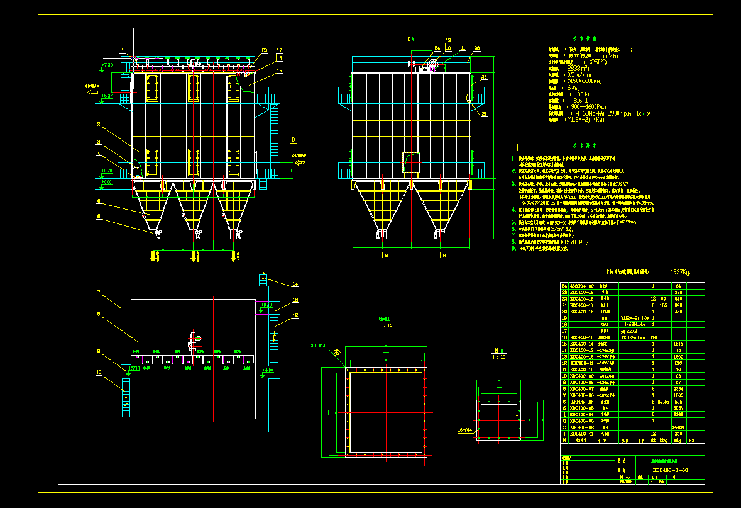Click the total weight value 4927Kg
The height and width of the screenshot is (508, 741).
click(x=679, y=273)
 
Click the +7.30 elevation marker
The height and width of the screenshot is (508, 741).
click(x=107, y=65)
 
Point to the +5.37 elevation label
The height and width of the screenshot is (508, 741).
click(x=107, y=96)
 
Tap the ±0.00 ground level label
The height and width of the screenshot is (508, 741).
click(x=107, y=182)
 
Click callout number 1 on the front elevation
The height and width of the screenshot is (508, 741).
click(x=123, y=50)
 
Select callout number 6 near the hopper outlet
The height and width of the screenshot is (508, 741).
click(x=99, y=216)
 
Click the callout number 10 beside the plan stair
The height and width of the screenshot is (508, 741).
click(x=99, y=372)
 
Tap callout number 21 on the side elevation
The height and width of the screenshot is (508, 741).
click(x=484, y=114)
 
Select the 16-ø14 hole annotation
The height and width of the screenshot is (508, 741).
click(x=466, y=431)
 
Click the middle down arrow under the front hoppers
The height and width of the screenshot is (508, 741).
click(x=194, y=256)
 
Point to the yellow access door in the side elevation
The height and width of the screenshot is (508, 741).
click(x=412, y=162)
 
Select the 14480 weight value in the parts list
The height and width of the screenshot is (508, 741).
click(x=678, y=427)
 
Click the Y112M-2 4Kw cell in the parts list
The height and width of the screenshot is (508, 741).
click(x=634, y=318)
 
